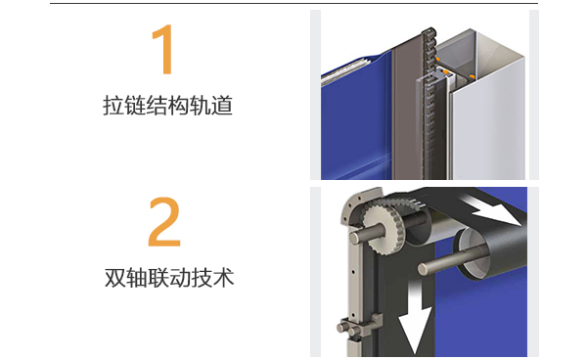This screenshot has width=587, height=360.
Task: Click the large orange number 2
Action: pos(164,223)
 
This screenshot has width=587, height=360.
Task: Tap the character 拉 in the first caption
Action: pos(112,106)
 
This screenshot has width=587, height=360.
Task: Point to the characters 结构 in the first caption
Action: pos(166,106)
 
